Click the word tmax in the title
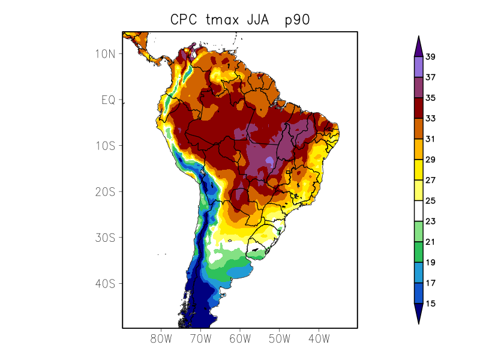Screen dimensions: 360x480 tap(224, 20)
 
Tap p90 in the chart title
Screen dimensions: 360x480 tap(297, 20)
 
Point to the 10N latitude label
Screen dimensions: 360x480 tap(106, 54)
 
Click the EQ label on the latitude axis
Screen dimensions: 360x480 tap(108, 100)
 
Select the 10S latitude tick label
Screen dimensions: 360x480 tap(106, 146)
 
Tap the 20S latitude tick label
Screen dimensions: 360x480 tap(106, 192)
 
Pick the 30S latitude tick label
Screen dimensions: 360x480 tap(106, 238)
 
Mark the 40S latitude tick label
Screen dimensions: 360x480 tap(106, 284)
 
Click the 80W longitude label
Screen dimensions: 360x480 tap(161, 339)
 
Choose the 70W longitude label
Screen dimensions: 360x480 tap(200, 339)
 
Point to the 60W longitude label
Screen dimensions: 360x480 tap(240, 339)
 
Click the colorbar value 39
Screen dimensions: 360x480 tap(430, 58)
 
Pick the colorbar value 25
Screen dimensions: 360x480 tap(430, 201)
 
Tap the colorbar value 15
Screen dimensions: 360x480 tap(430, 304)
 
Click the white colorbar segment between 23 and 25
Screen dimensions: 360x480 tap(418, 211)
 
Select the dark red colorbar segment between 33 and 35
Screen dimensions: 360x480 tap(418, 109)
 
